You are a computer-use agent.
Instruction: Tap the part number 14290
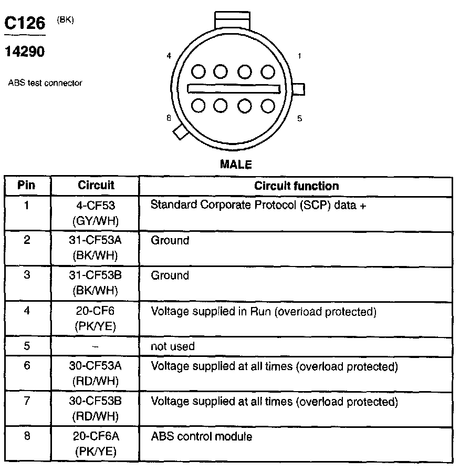(24, 52)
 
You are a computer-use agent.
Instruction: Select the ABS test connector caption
(45, 83)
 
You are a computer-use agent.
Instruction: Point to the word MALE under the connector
(236, 165)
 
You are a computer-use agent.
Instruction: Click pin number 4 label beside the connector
(169, 55)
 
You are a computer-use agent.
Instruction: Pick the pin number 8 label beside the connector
(169, 118)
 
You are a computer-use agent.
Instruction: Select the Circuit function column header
(296, 186)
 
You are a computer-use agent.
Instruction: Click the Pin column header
(27, 186)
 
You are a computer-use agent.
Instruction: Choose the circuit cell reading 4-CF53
(96, 205)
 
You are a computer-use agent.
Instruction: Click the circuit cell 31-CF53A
(96, 240)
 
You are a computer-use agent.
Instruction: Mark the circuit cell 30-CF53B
(96, 402)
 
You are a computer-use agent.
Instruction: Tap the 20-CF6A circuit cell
(96, 437)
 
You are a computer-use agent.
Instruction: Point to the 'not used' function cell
(173, 346)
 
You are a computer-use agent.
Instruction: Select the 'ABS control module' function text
(202, 436)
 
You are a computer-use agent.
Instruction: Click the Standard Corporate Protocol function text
(258, 205)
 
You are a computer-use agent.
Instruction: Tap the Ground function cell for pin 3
(170, 275)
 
